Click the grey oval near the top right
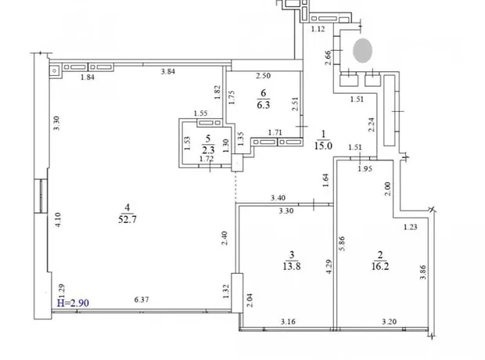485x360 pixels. (x=362, y=50)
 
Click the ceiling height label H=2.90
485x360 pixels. (x=73, y=303)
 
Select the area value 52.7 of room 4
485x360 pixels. (x=128, y=219)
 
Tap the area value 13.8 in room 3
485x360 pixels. (x=291, y=266)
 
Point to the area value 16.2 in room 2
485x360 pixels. (x=380, y=266)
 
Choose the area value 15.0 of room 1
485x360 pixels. (x=323, y=146)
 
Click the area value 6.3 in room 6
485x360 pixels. (x=263, y=105)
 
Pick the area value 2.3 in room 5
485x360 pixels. (x=208, y=150)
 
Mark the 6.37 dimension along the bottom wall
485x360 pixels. (x=142, y=299)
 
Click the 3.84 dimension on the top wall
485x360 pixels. (x=168, y=71)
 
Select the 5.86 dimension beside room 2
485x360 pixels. (x=342, y=243)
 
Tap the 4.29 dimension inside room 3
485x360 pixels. (x=329, y=267)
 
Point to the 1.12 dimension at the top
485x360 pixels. (x=318, y=29)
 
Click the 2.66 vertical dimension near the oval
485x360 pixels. (x=328, y=58)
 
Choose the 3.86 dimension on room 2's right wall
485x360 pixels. (x=423, y=272)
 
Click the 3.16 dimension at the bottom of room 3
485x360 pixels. (x=288, y=322)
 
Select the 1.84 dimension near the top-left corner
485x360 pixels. (x=88, y=77)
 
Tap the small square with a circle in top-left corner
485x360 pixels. (x=55, y=71)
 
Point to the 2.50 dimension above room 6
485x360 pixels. (x=263, y=76)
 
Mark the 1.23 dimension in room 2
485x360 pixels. (x=411, y=227)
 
